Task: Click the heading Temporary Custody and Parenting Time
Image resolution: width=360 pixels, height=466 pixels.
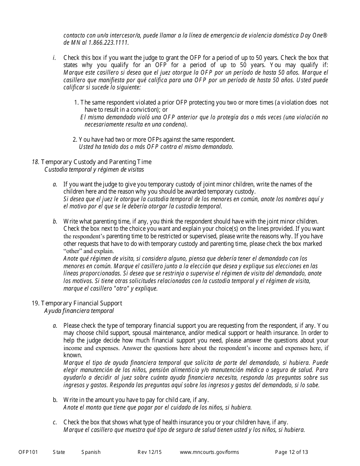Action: pyautogui.click(x=96, y=162)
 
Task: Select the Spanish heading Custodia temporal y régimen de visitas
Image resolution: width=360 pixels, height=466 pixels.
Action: pyautogui.click(x=94, y=170)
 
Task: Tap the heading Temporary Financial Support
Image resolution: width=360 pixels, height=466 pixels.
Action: pyautogui.click(x=81, y=303)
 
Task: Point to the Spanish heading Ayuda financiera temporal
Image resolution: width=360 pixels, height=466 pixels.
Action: pyautogui.click(x=79, y=311)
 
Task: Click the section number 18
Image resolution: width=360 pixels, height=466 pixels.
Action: pyautogui.click(x=35, y=162)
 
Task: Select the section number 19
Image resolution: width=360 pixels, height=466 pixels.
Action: pyautogui.click(x=35, y=303)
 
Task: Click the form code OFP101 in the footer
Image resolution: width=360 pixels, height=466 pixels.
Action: pyautogui.click(x=28, y=452)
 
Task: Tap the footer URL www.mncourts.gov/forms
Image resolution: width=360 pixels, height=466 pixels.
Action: pyautogui.click(x=209, y=452)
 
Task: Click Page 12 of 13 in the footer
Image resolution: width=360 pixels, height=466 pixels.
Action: pyautogui.click(x=291, y=452)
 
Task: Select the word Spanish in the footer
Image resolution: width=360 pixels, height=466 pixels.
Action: pyautogui.click(x=91, y=452)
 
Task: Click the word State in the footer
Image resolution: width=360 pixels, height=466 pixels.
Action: pyautogui.click(x=59, y=452)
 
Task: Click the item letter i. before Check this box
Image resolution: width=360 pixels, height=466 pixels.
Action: pyautogui.click(x=55, y=58)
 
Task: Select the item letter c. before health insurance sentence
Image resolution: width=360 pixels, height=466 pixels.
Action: pyautogui.click(x=55, y=422)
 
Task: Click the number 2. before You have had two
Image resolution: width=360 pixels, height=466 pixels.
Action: pyautogui.click(x=75, y=139)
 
